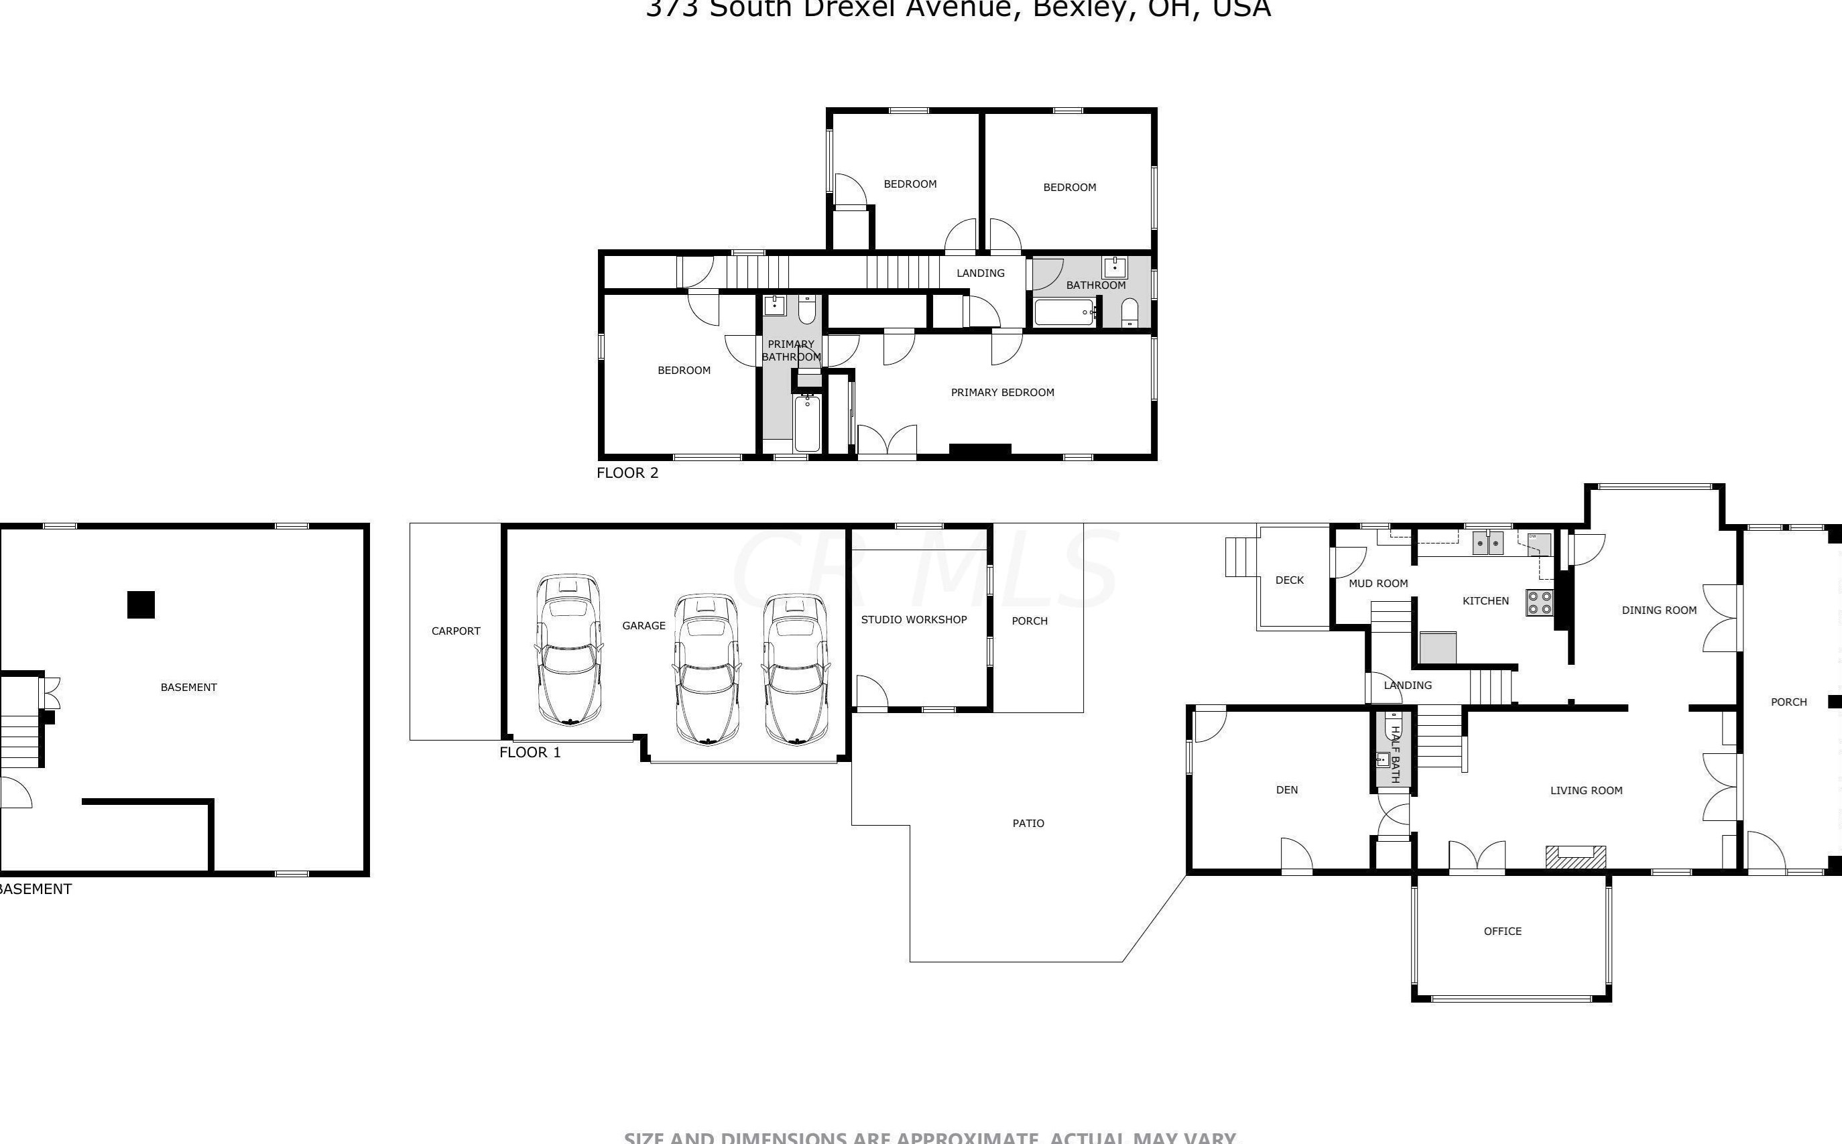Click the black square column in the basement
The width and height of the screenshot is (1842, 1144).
coord(141,605)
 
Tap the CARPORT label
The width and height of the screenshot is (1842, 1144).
coord(456,631)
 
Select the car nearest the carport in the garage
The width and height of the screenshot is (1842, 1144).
coord(568,650)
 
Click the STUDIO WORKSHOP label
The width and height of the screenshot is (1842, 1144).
coord(914,620)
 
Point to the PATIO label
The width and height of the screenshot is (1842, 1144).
coord(1028,823)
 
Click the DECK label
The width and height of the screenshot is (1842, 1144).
coord(1290,580)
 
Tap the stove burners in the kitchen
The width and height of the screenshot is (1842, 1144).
coord(1539,602)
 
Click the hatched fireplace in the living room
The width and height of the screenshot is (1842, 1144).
coord(1575,856)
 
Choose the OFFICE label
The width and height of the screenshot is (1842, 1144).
coord(1502,932)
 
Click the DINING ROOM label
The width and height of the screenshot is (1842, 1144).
coord(1659,610)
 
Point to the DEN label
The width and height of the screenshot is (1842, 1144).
coord(1286,790)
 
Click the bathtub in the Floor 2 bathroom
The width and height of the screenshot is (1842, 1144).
coord(1063,312)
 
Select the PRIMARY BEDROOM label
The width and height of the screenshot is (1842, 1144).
coord(1002,392)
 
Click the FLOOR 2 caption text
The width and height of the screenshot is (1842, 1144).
coord(627,473)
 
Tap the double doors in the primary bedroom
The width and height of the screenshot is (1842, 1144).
coord(887,442)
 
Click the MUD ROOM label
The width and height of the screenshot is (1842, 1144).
coord(1378,583)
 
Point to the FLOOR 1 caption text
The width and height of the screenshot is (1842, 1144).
coord(530,752)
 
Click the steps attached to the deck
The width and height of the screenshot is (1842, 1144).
coord(1241,557)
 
